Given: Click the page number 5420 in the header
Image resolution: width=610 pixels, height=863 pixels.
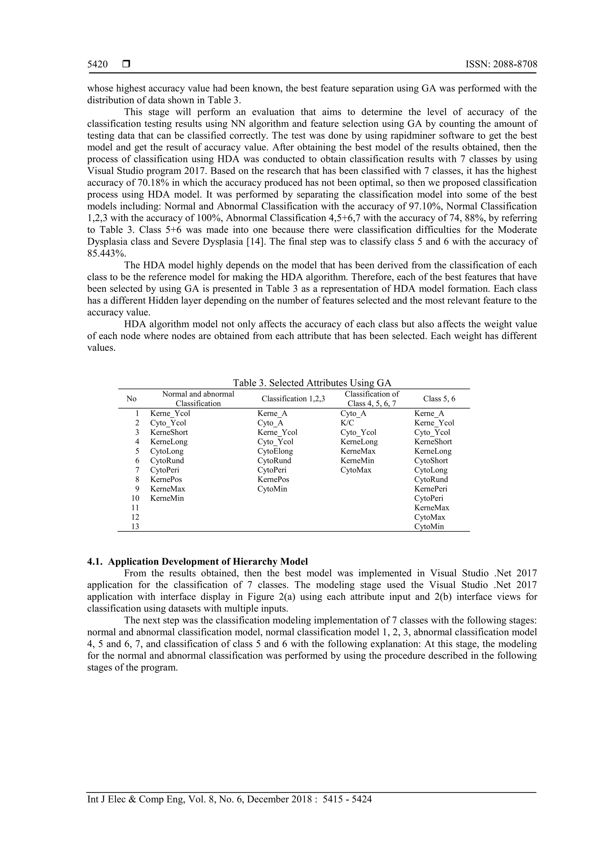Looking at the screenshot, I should pyautogui.click(x=97, y=64).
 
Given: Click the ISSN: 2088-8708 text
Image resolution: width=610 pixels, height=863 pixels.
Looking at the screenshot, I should pyautogui.click(x=501, y=64).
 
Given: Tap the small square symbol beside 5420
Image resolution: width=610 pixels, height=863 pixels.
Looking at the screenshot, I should pyautogui.click(x=126, y=64).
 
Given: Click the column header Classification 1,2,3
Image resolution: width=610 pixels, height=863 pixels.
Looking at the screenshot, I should pyautogui.click(x=293, y=399).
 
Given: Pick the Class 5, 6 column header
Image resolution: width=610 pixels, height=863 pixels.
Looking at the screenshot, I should pyautogui.click(x=439, y=399).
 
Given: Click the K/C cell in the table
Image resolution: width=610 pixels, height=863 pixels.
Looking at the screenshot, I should pyautogui.click(x=347, y=423).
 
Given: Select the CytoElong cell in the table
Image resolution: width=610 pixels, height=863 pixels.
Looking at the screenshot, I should pyautogui.click(x=275, y=451).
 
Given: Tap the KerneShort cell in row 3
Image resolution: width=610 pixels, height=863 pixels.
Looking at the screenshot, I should pyautogui.click(x=169, y=432).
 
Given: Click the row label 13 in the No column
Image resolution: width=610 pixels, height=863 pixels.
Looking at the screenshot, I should pyautogui.click(x=135, y=527).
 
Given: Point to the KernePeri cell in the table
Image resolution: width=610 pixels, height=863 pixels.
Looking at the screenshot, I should pyautogui.click(x=431, y=489).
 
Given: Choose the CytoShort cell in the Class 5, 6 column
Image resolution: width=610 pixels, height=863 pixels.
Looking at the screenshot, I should pyautogui.click(x=431, y=461).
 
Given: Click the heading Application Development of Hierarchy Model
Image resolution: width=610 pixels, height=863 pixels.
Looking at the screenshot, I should pyautogui.click(x=208, y=562).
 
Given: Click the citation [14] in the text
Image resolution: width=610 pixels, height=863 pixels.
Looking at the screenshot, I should pyautogui.click(x=254, y=241).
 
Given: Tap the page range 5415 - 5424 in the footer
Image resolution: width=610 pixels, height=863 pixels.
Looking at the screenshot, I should pyautogui.click(x=347, y=799).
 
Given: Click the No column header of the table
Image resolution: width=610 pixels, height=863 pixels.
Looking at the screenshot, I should pyautogui.click(x=132, y=399).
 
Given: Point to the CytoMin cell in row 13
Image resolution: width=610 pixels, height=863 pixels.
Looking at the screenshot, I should pyautogui.click(x=429, y=527).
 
